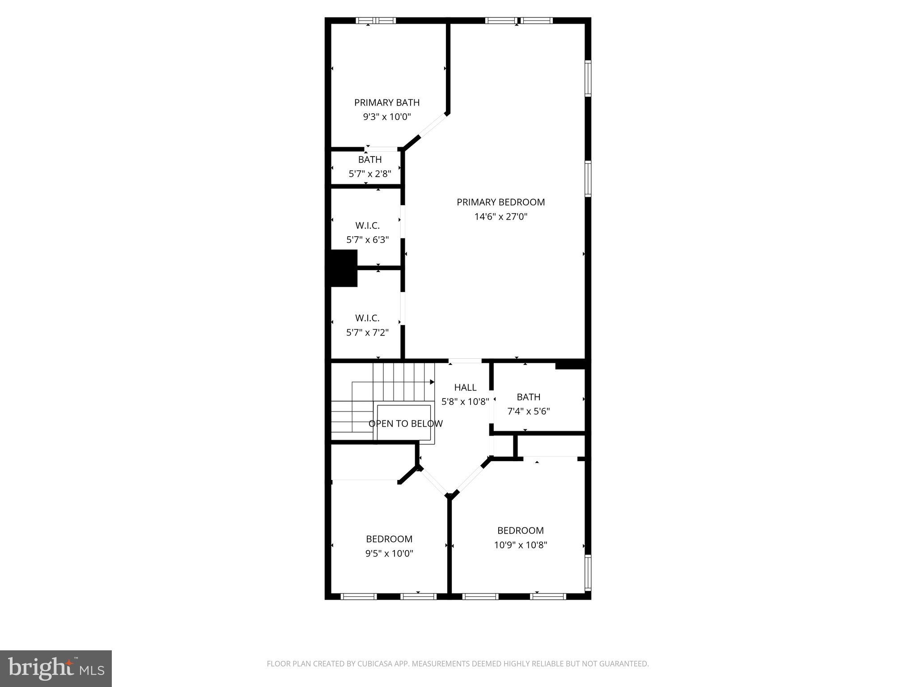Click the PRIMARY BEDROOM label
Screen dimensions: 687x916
coord(500,202)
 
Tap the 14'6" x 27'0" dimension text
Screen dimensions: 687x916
coord(500,217)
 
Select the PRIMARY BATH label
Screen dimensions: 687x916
coord(387,102)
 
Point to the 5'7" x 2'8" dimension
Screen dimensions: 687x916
coord(370,174)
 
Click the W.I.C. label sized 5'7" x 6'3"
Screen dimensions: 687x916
coord(367,226)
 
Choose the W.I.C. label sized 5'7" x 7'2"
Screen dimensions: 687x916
coord(367,318)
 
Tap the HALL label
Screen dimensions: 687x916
coord(465,387)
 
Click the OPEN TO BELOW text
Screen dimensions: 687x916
coord(406,424)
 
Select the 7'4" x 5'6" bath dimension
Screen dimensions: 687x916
coord(528,411)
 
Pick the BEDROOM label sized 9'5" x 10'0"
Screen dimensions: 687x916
coord(389,539)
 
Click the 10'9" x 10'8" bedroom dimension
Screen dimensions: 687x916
coord(521,545)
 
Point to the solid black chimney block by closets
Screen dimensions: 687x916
coord(343,268)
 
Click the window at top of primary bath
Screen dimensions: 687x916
coord(376,21)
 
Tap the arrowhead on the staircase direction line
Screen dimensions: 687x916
coord(432,382)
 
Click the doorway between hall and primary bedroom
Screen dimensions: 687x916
coord(465,360)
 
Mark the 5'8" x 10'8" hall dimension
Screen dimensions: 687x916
coord(465,402)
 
